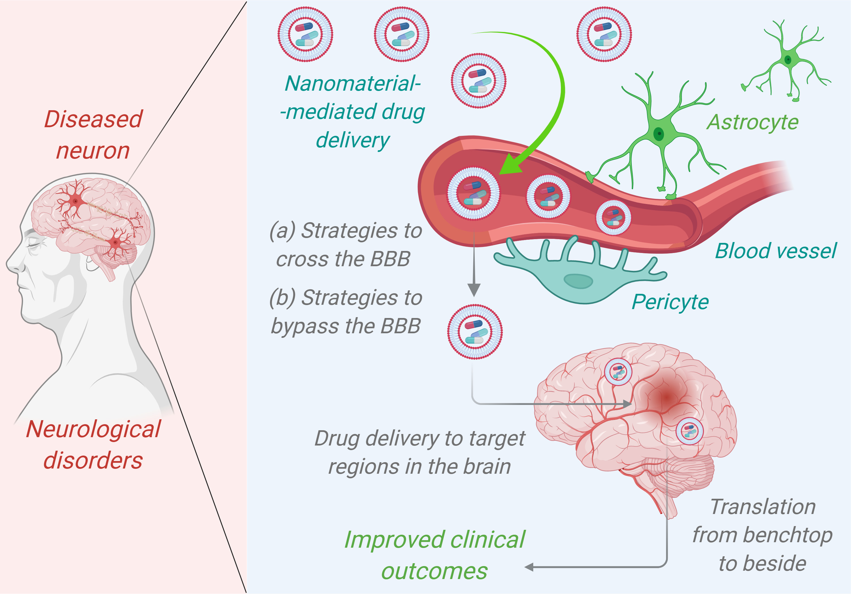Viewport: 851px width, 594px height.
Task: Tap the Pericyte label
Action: pyautogui.click(x=670, y=302)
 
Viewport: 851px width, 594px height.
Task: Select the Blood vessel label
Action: pyautogui.click(x=776, y=251)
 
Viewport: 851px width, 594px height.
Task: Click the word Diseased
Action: pyautogui.click(x=93, y=119)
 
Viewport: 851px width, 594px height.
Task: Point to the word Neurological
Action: pyautogui.click(x=93, y=429)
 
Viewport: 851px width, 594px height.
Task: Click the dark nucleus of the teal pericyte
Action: pyautogui.click(x=578, y=281)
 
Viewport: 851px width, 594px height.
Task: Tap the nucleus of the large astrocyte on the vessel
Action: pyautogui.click(x=659, y=134)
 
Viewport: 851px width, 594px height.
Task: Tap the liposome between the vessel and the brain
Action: pyautogui.click(x=475, y=332)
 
